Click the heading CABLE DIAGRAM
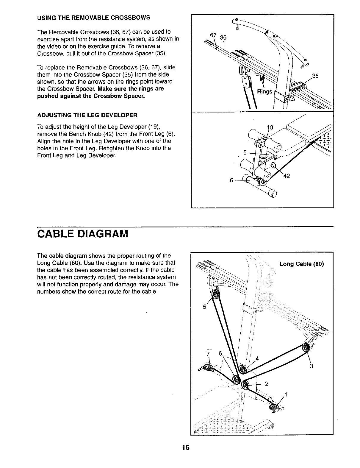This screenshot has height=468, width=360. pos(82,233)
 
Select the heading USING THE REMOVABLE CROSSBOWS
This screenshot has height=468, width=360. pos(94,17)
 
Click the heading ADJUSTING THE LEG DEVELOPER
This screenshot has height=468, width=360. pos(87,115)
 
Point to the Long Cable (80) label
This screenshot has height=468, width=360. pos(301,264)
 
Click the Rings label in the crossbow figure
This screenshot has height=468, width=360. pos(265,91)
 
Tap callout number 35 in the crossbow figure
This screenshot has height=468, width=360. pos(315,76)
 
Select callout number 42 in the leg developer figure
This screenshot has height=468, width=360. pos(287,176)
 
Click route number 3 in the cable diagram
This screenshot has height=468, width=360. pos(311,366)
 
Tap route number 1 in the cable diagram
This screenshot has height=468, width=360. pos(286,395)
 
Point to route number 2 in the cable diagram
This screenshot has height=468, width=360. pos(267,383)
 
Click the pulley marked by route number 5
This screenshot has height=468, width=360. pos(215,295)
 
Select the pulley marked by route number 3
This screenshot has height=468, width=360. pos(305,347)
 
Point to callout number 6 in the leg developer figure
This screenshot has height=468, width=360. pos(231,180)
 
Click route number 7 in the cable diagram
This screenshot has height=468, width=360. pos(208,354)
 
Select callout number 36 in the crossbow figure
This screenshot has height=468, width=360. pos(223,38)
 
